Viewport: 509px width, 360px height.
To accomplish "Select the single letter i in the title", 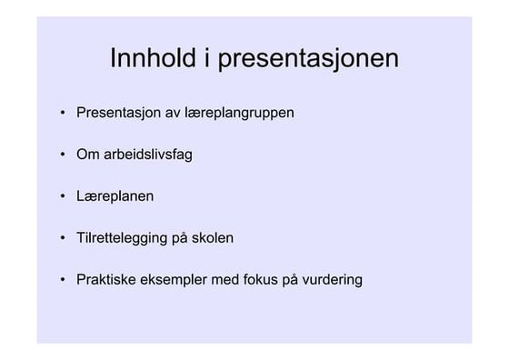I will pos(208,59).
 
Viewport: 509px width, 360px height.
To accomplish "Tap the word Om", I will pos(87,155).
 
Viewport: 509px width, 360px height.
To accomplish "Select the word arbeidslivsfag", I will pos(147,155).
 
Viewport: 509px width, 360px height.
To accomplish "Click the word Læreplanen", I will pos(115,196).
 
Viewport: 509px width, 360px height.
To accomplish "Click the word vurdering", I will pos(331,280).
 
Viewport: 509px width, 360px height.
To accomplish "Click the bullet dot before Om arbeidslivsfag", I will pos(63,155).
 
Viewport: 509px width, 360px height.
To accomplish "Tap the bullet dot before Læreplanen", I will pos(63,196).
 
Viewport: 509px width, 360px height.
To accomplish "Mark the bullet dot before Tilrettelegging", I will pos(63,238).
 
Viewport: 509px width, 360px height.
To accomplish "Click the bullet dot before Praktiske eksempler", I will pos(63,280).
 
